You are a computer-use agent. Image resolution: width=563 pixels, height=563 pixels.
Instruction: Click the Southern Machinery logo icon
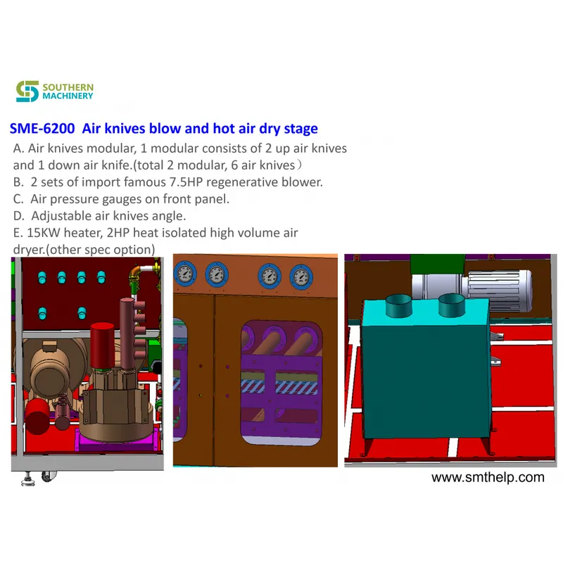point(27,91)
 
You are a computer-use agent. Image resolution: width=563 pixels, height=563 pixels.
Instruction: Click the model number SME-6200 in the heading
point(42,129)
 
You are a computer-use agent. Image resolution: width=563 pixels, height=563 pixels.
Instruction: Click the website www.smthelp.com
point(488,477)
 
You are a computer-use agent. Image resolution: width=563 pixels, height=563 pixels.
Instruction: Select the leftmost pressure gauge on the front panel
point(185,274)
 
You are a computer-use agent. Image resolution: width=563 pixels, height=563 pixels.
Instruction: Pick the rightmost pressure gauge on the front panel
point(301,277)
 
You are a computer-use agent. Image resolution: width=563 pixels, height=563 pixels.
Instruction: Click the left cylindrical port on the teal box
point(398,305)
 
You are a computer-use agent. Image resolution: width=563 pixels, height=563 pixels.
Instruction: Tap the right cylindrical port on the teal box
point(452,305)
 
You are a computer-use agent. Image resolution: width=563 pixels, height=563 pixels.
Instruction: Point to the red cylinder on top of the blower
point(102,345)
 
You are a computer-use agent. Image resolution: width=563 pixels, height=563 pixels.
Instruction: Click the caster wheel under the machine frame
point(49,476)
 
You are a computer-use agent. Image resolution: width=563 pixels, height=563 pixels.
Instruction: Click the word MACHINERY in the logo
point(68,96)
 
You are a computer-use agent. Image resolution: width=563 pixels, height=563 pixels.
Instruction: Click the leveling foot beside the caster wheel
point(28,479)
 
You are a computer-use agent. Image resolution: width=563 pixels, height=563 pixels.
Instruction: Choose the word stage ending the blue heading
point(301,129)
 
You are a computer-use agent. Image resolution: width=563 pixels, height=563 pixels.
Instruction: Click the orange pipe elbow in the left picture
point(137,272)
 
